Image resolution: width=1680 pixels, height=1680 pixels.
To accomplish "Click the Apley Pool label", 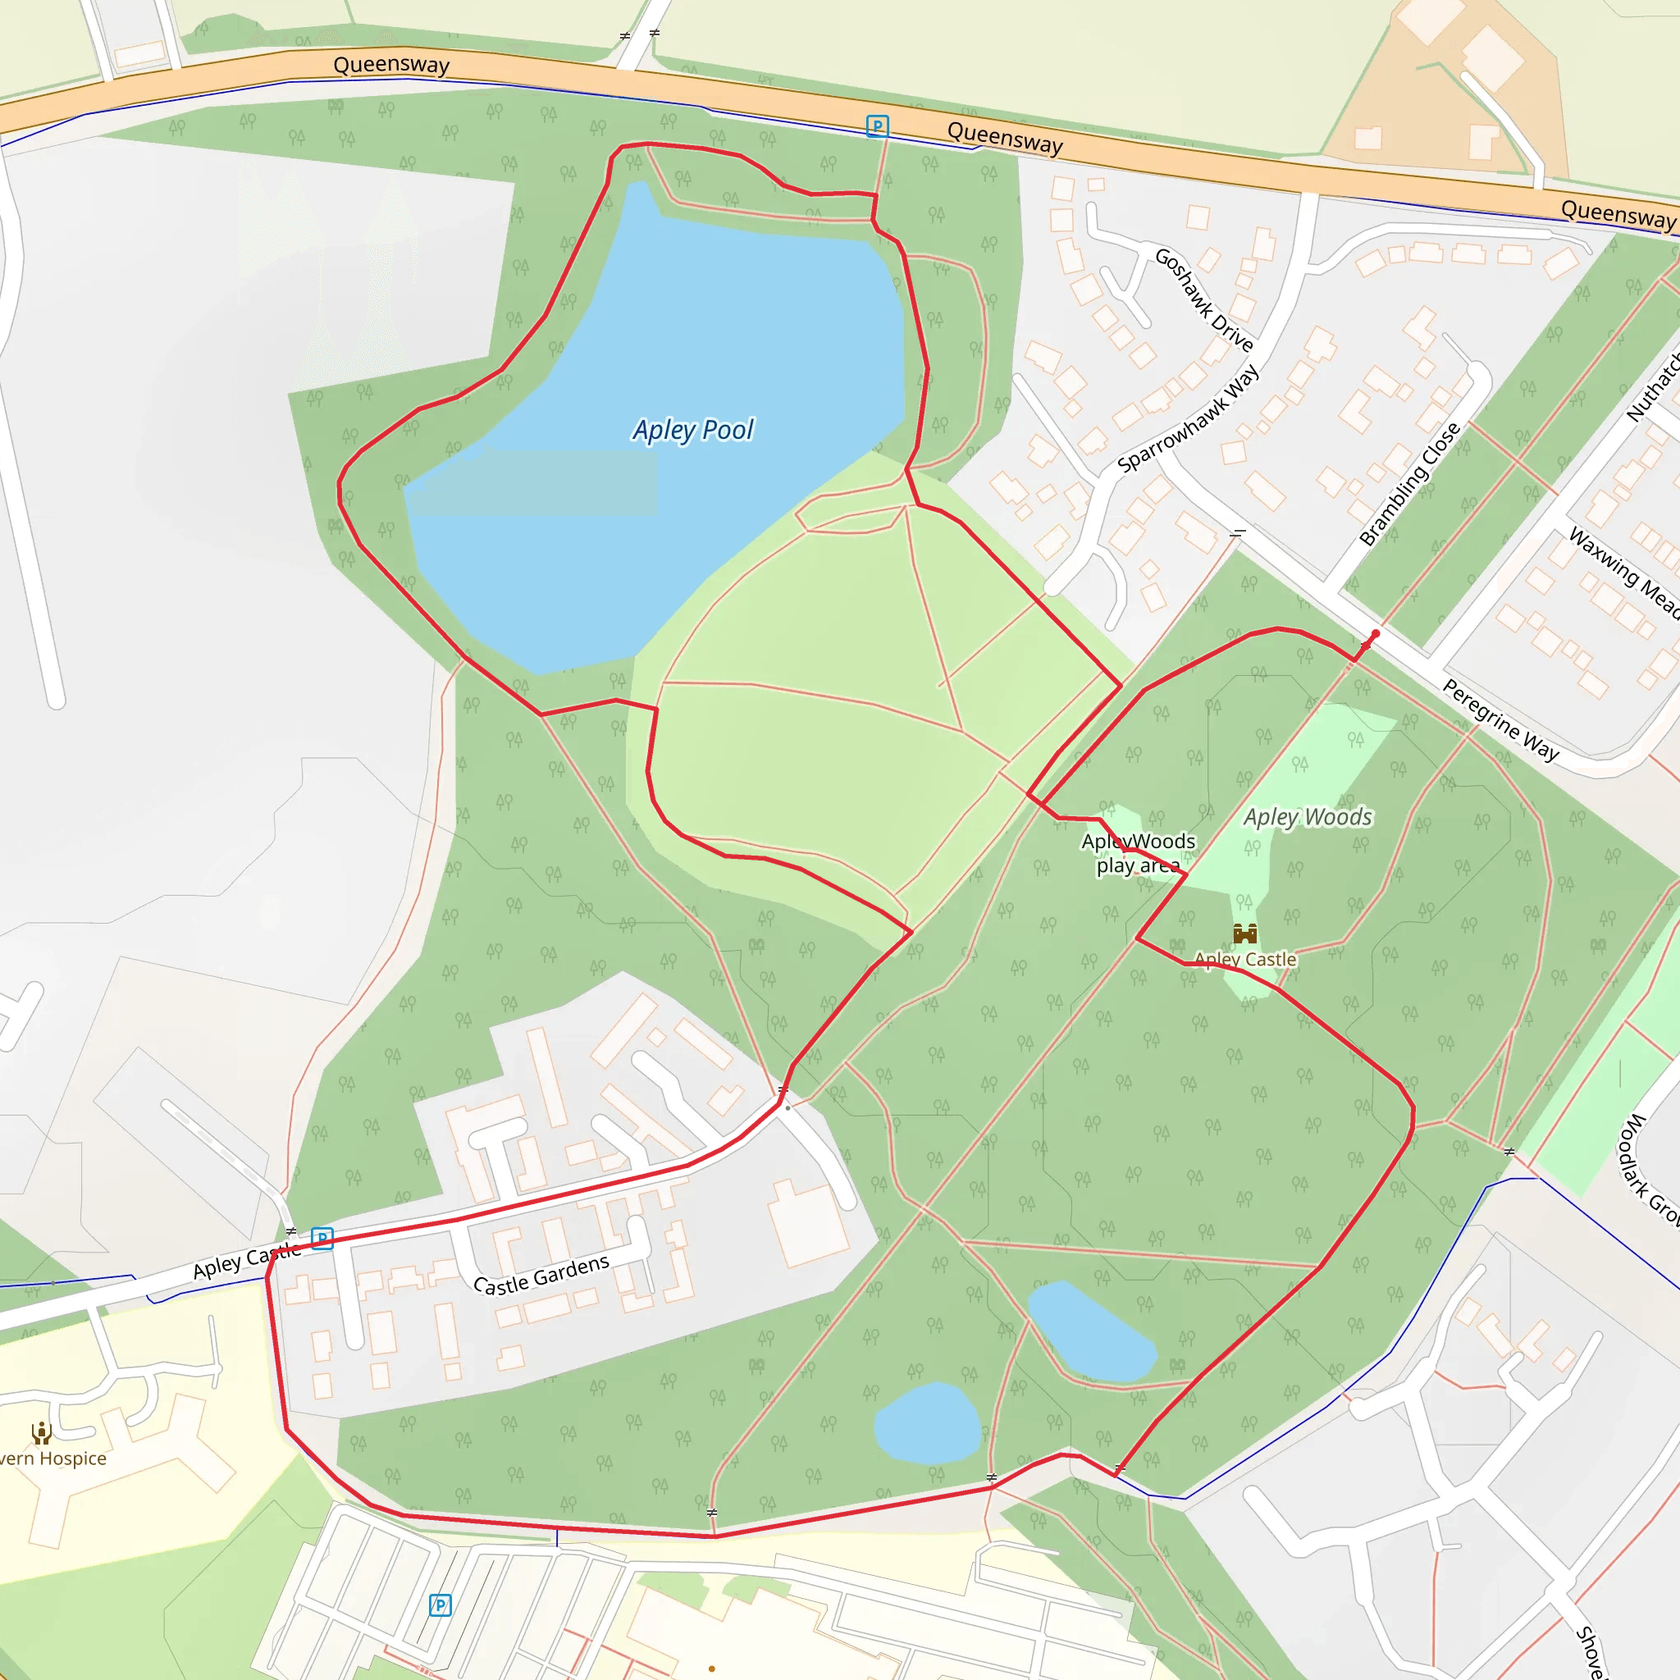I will pyautogui.click(x=693, y=430).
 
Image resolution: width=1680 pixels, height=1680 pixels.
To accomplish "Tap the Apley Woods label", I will pyautogui.click(x=1307, y=816).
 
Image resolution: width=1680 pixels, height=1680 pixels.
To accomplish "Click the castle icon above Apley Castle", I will pyautogui.click(x=1245, y=934).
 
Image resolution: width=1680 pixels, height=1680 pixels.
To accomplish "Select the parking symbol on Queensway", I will pyautogui.click(x=878, y=127).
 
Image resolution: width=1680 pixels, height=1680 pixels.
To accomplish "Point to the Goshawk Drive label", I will pyautogui.click(x=1203, y=299).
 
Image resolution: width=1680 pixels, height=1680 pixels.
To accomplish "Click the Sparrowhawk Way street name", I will pyautogui.click(x=1188, y=419).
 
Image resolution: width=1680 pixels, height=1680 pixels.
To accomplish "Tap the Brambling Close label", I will pyautogui.click(x=1409, y=484).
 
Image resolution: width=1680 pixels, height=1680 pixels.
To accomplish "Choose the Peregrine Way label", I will pyautogui.click(x=1501, y=720).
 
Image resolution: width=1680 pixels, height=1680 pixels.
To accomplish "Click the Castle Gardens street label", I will pyautogui.click(x=541, y=1275).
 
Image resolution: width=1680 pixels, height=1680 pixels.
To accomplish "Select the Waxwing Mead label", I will pyautogui.click(x=1623, y=573).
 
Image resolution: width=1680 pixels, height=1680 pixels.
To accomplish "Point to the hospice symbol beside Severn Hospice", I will pyautogui.click(x=41, y=1432).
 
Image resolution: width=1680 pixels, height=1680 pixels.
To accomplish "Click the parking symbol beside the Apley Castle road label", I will pyautogui.click(x=322, y=1238).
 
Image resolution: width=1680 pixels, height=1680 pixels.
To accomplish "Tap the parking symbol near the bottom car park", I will pyautogui.click(x=440, y=1605).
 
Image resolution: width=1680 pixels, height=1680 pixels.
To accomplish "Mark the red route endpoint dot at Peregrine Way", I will pyautogui.click(x=1375, y=634).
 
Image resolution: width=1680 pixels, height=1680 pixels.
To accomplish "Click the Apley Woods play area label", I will pyautogui.click(x=1139, y=853).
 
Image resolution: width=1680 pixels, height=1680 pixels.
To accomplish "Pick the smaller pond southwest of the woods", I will pyautogui.click(x=927, y=1422).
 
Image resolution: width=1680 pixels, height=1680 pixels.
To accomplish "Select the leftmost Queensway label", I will pyautogui.click(x=391, y=64).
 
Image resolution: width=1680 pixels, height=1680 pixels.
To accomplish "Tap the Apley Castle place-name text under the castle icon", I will pyautogui.click(x=1245, y=959).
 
